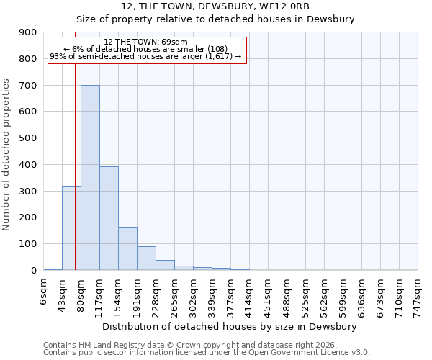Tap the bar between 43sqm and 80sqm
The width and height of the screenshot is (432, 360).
tap(71, 228)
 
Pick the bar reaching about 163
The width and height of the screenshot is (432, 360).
tap(127, 248)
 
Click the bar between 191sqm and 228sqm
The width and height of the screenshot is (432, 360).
tap(146, 258)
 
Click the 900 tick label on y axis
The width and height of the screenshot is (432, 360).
tap(28, 32)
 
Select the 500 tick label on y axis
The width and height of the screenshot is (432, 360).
tap(28, 138)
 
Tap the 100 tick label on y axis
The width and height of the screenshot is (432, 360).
tap(28, 244)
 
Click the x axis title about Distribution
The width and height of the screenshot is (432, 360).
tap(230, 327)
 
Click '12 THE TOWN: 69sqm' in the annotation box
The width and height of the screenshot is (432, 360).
tap(146, 42)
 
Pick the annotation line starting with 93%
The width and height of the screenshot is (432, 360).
tap(146, 56)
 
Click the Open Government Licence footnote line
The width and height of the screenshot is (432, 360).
tap(207, 353)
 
